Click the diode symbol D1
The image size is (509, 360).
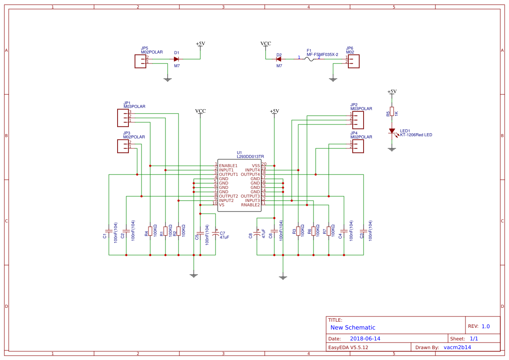click(176, 59)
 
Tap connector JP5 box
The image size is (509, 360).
click(141, 61)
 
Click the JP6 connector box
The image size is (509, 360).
click(354, 61)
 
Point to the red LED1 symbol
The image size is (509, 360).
click(392, 131)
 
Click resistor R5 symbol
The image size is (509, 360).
click(392, 111)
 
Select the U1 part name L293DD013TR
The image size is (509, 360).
click(250, 156)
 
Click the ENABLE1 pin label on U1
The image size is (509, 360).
click(228, 165)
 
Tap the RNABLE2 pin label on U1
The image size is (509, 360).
click(250, 205)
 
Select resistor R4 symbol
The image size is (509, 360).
click(150, 231)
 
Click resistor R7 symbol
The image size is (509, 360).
click(329, 231)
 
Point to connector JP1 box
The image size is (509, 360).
click(123, 117)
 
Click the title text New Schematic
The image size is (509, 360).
click(353, 327)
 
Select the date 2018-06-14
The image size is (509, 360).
click(365, 338)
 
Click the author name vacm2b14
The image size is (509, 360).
click(457, 347)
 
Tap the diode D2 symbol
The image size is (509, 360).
click(279, 59)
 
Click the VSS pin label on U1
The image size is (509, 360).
click(256, 165)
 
